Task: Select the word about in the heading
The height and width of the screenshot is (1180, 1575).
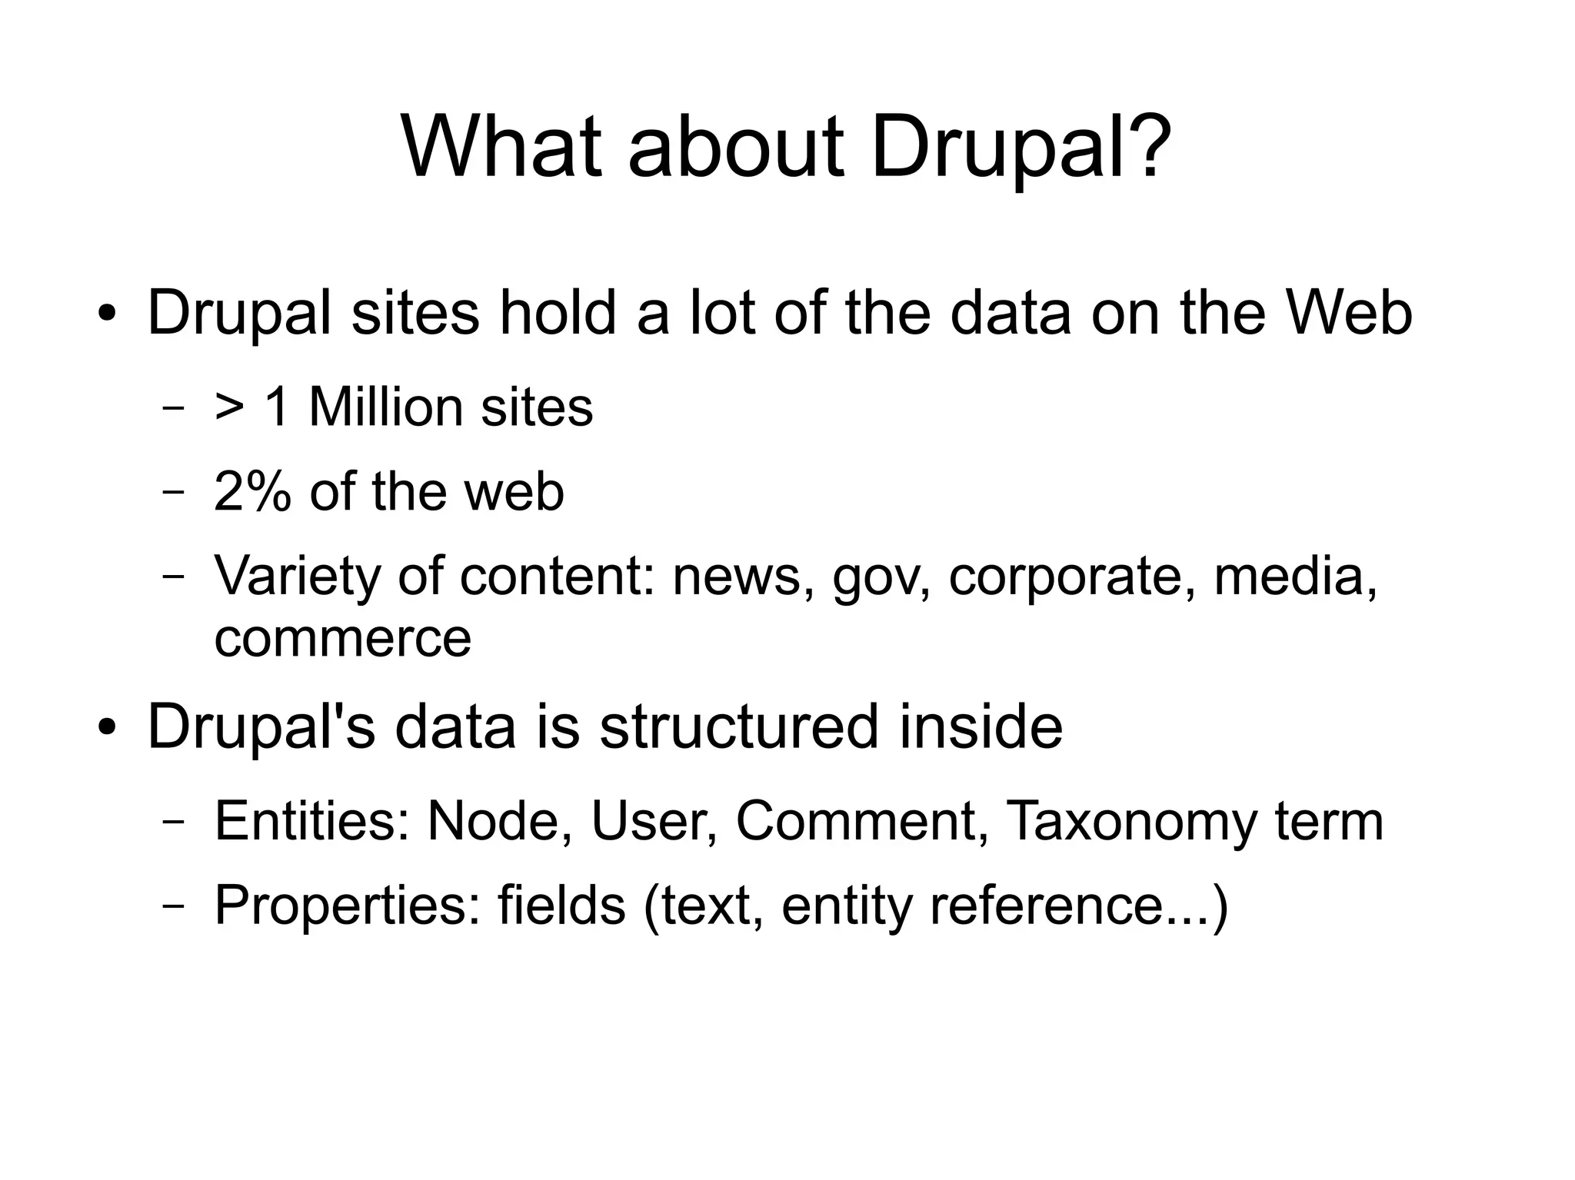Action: tap(736, 146)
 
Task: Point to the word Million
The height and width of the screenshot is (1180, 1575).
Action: tap(387, 407)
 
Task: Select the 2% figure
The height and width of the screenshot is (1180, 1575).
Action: tap(251, 492)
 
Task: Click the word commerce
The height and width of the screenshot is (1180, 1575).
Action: tap(342, 638)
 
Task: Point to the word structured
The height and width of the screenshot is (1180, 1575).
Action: tap(738, 726)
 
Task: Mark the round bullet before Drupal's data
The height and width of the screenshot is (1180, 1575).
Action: tap(107, 726)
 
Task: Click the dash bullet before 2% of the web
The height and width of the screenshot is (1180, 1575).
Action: tap(174, 493)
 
